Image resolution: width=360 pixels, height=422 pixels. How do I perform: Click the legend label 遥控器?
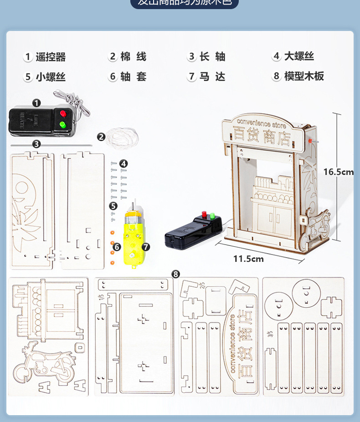coord(51,57)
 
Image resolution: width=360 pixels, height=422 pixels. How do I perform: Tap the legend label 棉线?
coord(133,57)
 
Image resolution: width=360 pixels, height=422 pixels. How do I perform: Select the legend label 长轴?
coord(212,57)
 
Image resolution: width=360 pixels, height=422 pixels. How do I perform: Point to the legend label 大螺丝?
coord(299,56)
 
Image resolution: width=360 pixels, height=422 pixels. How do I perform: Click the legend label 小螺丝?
coord(51,77)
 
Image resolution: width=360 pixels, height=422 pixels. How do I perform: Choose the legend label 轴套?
coord(133,76)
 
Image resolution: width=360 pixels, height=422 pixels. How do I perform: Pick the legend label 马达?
coord(212,76)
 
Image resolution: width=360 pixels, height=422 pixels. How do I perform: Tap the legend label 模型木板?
coord(304,76)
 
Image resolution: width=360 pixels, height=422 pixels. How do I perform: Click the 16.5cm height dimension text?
coord(339,172)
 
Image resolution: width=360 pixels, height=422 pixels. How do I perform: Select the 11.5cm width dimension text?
coord(248,259)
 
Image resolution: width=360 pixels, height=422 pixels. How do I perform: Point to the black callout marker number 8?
coord(176,274)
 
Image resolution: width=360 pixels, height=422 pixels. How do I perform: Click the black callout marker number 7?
coord(146,247)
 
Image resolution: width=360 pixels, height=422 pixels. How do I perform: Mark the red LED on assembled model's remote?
coord(204,214)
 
